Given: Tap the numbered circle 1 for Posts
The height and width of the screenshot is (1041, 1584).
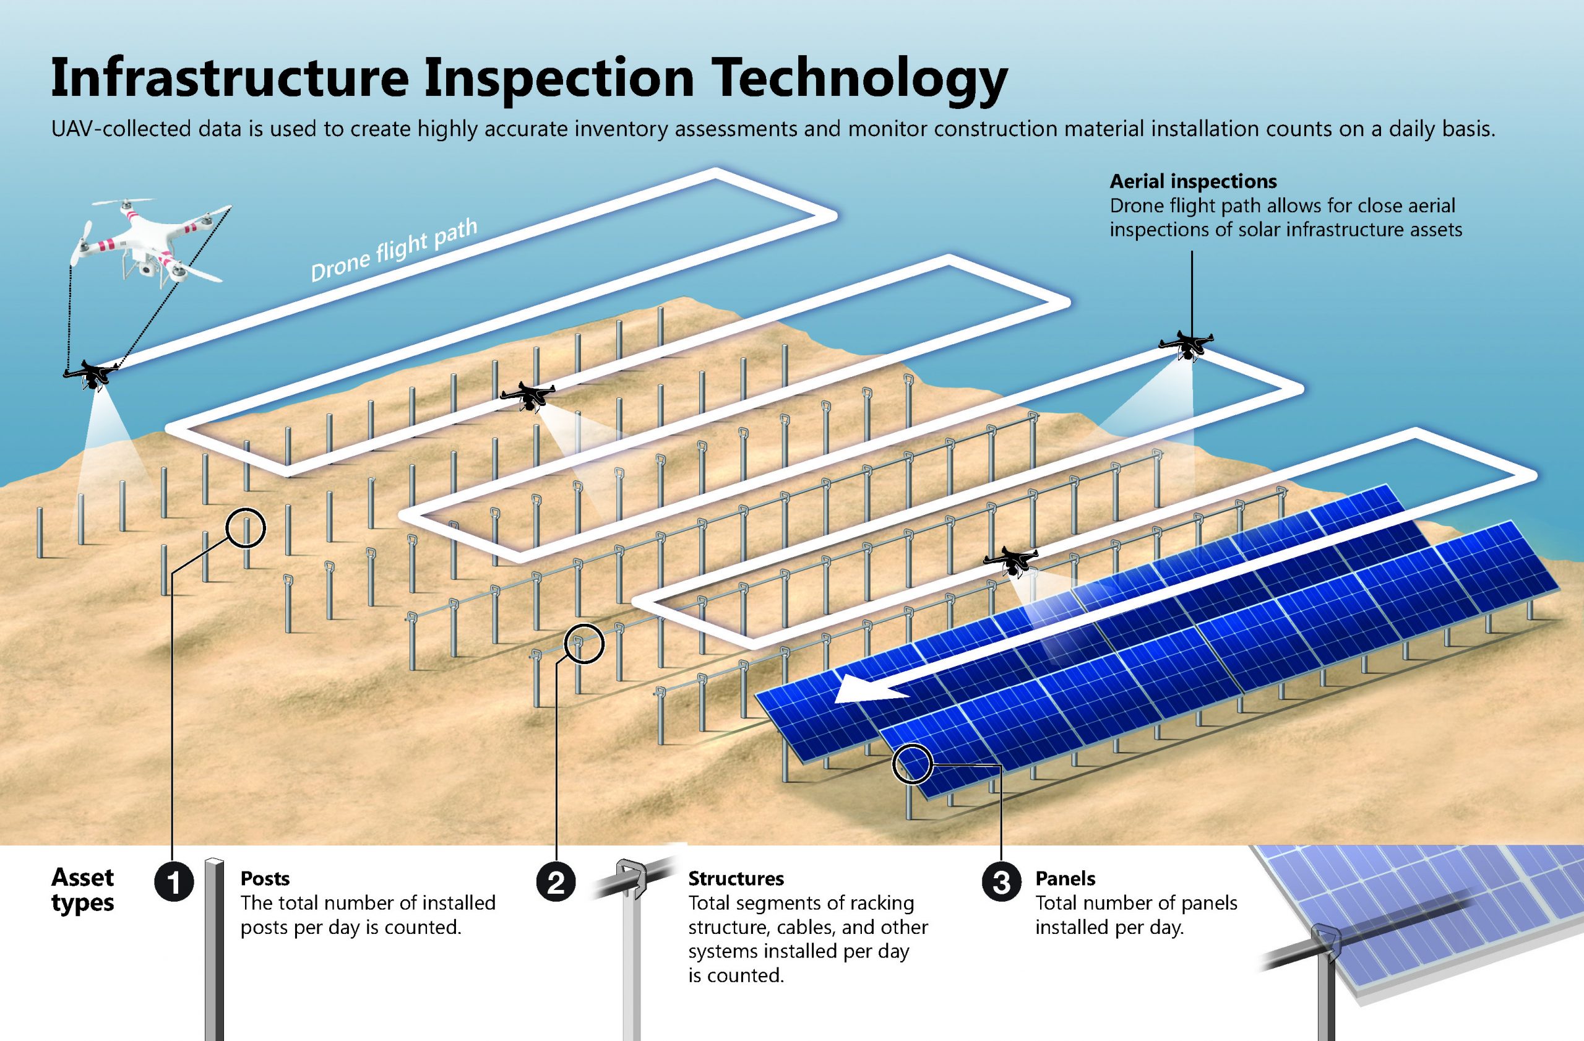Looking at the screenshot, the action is click(174, 883).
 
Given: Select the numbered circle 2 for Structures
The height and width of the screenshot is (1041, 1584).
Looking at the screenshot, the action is click(556, 883).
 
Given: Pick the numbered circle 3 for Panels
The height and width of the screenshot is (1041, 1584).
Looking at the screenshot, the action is click(1002, 883).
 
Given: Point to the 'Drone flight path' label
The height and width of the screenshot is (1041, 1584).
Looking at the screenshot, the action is click(394, 251).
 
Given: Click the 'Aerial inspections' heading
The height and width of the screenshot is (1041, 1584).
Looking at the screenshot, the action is click(1194, 181).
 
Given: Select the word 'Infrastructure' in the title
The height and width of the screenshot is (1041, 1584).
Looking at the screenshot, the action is click(230, 79).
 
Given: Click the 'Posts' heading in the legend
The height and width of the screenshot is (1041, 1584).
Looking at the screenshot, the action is click(265, 879).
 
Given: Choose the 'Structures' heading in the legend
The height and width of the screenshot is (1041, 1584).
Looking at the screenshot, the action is click(736, 879).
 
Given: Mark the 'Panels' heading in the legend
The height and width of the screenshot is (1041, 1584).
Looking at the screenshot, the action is click(1065, 879).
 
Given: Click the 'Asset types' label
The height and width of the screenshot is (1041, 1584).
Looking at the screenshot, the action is click(83, 891).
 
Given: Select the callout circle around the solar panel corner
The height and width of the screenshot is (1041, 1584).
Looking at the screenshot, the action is click(912, 764).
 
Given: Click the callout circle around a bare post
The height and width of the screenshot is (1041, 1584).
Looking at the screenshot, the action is click(246, 529).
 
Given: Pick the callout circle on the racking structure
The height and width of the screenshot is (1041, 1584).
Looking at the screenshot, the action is click(583, 644).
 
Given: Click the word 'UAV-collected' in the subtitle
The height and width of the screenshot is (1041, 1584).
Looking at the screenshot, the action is click(121, 129).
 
